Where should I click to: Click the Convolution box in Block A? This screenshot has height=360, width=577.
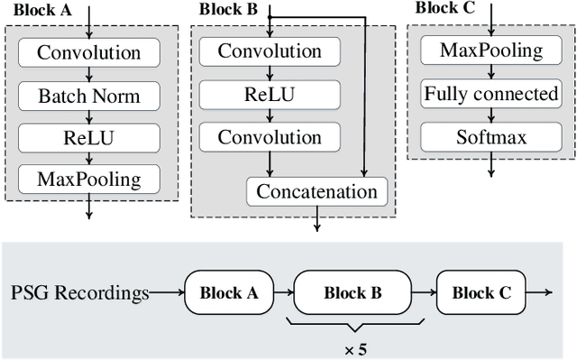click(88, 52)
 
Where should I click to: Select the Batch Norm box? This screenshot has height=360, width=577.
click(88, 95)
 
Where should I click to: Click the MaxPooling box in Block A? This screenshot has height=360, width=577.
click(88, 179)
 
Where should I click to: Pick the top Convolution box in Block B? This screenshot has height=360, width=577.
click(270, 51)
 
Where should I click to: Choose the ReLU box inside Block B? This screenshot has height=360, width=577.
click(270, 95)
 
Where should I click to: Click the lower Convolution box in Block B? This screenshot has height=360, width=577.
click(270, 137)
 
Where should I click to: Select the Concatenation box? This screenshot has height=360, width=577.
click(316, 191)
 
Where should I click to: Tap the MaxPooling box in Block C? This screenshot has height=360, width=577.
click(491, 50)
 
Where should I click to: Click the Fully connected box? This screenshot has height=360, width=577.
click(491, 94)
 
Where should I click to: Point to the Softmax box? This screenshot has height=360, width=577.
click(491, 137)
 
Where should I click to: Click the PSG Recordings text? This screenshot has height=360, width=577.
click(79, 292)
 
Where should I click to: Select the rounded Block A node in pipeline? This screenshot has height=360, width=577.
click(228, 292)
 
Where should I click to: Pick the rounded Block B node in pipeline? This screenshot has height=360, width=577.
click(352, 292)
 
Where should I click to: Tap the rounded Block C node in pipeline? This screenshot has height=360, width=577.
click(481, 292)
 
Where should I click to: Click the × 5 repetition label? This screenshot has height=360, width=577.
click(352, 346)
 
